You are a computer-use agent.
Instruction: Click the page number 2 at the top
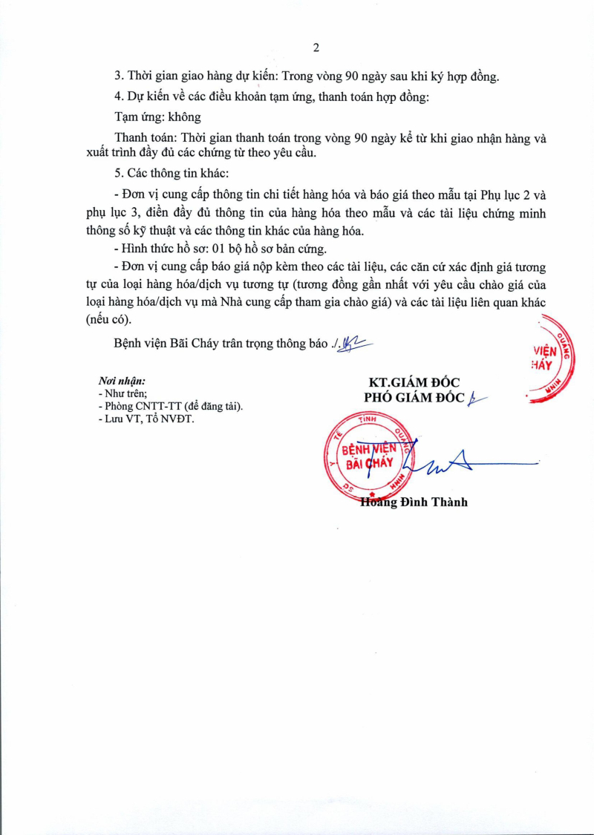[316, 48]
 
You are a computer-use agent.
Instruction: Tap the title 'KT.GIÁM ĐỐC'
[414, 382]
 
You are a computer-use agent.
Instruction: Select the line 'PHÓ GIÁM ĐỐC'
[414, 398]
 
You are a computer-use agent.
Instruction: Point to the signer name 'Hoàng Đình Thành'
[414, 502]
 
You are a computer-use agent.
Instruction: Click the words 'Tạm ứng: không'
[157, 117]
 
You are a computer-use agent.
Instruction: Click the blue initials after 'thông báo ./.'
[355, 343]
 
